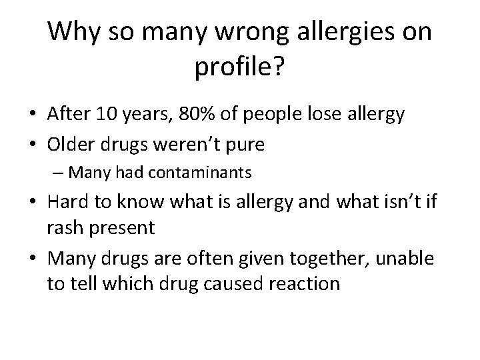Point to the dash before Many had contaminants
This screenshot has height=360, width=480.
(58, 173)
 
